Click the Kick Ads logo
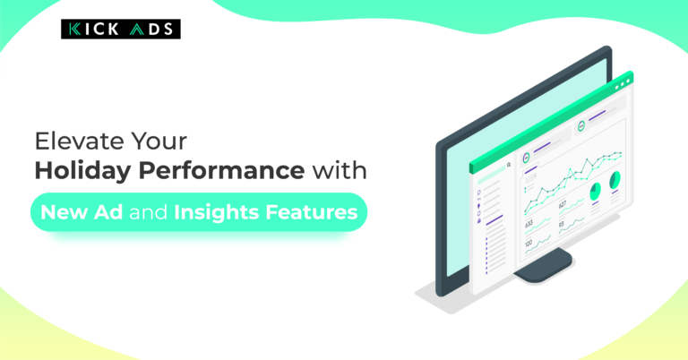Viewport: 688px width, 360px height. coord(121,30)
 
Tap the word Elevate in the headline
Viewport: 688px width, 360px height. coord(72,141)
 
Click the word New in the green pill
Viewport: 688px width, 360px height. coord(63,213)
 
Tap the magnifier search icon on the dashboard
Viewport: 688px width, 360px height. coord(508,165)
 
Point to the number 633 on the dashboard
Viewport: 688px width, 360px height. coord(529,224)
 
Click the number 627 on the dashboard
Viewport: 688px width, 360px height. coord(562,204)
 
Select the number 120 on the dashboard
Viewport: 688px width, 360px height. coord(529,244)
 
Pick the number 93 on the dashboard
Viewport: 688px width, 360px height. coord(562,224)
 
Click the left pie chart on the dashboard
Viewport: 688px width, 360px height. coord(595,192)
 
